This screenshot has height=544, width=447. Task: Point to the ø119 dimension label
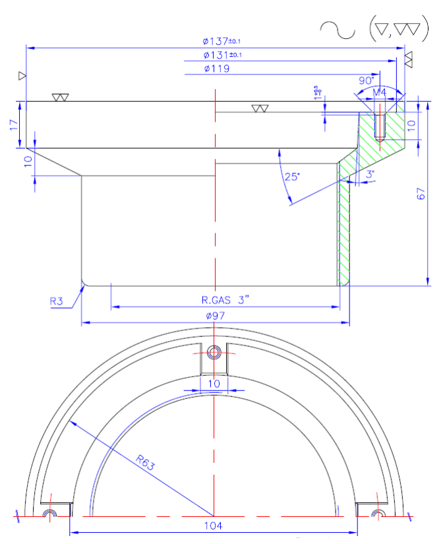coord(217,68)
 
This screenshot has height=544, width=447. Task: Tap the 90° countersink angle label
coord(366,80)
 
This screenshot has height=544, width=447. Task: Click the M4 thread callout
coord(380,92)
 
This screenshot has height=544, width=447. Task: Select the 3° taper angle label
coord(370,173)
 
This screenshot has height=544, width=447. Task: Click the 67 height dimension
coord(422,193)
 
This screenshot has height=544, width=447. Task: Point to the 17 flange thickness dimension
coord(14,125)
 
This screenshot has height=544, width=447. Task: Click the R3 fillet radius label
coord(57,301)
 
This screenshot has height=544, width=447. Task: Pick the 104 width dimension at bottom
coord(214,526)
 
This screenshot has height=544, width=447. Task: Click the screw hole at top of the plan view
coord(214,353)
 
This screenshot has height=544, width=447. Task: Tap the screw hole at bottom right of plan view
coord(376,512)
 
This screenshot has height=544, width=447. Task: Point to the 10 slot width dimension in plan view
coord(214,383)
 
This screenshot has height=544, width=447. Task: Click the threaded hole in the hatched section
coord(380,125)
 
